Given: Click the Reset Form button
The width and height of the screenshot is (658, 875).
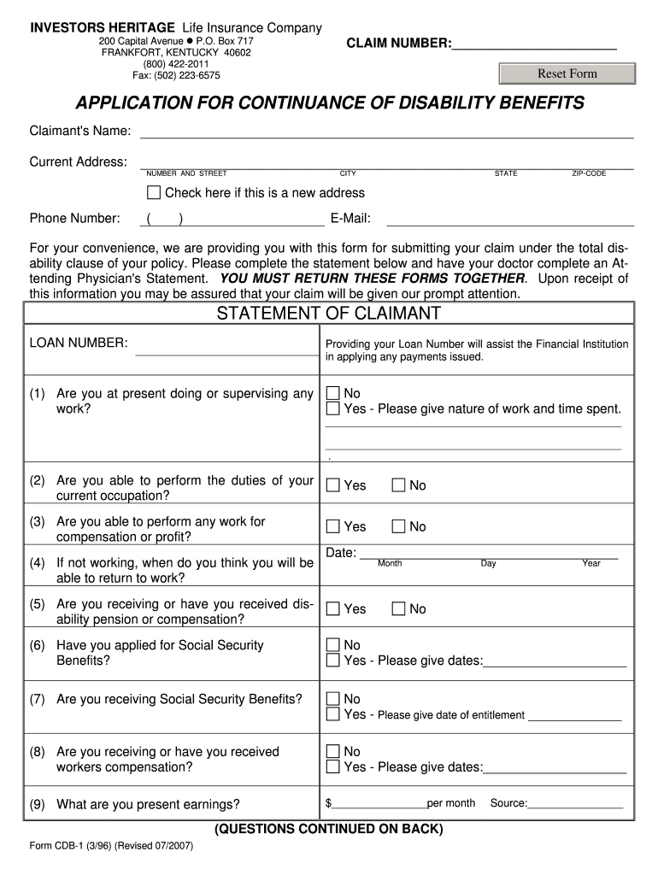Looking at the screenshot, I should tap(567, 73).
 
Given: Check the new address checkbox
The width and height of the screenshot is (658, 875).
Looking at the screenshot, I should tap(154, 192).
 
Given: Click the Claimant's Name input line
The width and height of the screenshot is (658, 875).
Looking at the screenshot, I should tap(386, 132).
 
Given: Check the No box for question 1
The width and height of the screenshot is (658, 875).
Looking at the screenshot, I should tap(332, 393).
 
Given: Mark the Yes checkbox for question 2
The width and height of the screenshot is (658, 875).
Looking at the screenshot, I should tap(332, 485).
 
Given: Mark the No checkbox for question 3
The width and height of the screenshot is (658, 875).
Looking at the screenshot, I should tap(398, 526).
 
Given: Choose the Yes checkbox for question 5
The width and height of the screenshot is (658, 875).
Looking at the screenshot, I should tap(332, 608).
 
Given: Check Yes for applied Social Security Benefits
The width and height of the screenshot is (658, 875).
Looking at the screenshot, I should tap(332, 661).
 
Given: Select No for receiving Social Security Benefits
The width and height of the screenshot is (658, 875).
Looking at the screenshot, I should tap(332, 699).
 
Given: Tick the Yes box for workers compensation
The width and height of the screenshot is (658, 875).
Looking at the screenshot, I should tap(332, 766).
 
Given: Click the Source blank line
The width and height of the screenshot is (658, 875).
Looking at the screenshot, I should tap(575, 804).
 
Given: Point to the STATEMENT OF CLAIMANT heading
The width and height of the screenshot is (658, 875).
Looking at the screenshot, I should tap(328, 314).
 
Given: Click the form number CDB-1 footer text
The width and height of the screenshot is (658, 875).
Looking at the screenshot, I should tap(111, 846).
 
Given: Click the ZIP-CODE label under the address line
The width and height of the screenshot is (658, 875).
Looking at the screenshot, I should tap(589, 173).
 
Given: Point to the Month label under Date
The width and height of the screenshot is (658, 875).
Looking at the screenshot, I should tap(390, 564).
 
